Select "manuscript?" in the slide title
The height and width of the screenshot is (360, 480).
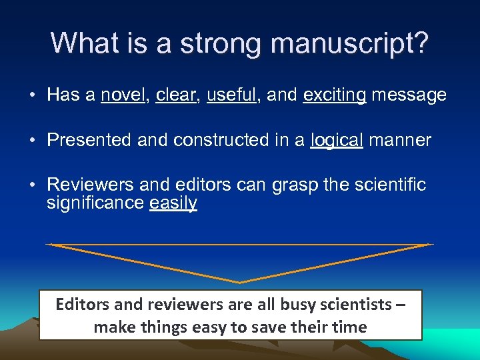pyautogui.click(x=351, y=44)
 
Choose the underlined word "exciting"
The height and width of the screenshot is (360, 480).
pyautogui.click(x=335, y=96)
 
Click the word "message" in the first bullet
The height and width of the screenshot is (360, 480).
pyautogui.click(x=409, y=96)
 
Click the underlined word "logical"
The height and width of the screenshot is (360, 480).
pyautogui.click(x=337, y=141)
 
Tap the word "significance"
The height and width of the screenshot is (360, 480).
pyautogui.click(x=95, y=202)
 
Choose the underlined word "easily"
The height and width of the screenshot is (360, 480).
pyautogui.click(x=173, y=203)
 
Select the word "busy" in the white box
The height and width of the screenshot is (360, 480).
pyautogui.click(x=298, y=305)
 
